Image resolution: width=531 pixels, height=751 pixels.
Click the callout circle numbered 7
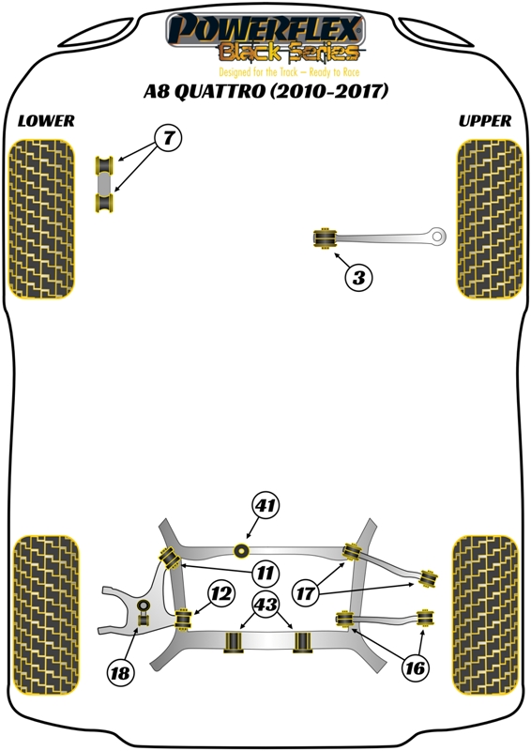[168, 138]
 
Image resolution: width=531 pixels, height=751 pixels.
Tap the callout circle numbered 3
[358, 277]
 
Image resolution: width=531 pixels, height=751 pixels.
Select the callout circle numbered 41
[265, 505]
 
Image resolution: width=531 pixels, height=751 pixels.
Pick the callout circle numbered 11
[265, 573]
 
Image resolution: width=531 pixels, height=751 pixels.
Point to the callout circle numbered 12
[221, 594]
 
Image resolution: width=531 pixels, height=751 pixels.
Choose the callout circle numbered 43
[265, 604]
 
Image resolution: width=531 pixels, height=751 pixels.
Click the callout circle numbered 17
[305, 594]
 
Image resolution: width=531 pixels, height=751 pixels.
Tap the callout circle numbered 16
[415, 667]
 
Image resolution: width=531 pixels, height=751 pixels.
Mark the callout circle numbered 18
[120, 673]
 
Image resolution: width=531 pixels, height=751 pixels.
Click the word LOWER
[46, 121]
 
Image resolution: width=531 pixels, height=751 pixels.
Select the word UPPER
[485, 121]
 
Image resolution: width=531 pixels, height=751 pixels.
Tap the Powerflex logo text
[265, 30]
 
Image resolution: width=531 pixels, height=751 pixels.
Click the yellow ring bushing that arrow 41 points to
[242, 551]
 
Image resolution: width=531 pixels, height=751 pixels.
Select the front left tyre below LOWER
[41, 219]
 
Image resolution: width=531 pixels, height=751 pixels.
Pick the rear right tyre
[485, 615]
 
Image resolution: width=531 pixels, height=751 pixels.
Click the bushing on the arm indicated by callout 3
[326, 238]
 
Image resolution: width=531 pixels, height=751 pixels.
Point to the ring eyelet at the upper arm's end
[437, 237]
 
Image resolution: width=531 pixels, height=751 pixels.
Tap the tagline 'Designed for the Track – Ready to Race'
[289, 72]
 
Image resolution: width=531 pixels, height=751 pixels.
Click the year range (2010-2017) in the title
[329, 90]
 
